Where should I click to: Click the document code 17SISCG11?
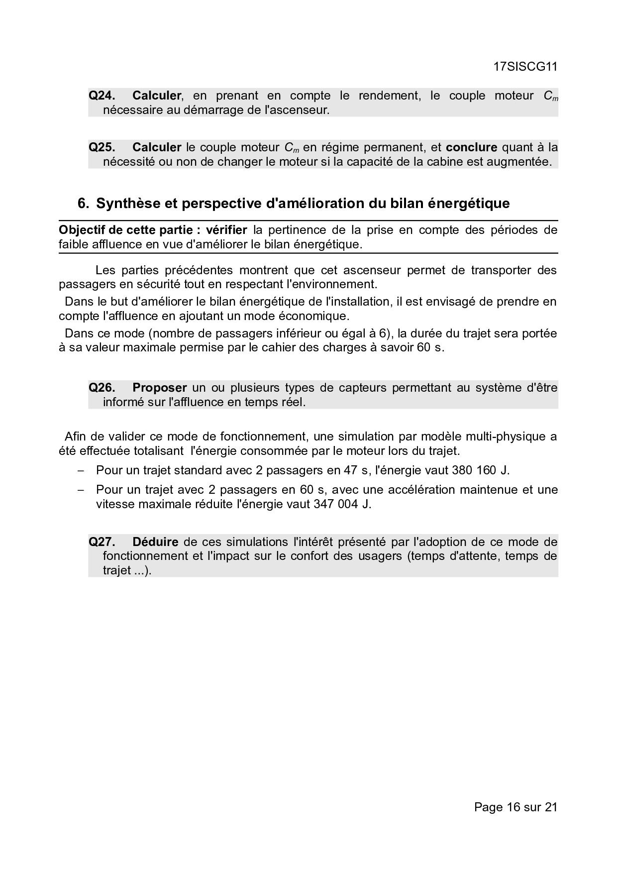[525, 67]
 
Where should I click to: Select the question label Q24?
[102, 96]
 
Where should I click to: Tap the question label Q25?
[102, 147]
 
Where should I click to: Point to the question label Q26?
[102, 388]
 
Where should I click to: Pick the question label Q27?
[102, 542]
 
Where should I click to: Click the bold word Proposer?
[159, 388]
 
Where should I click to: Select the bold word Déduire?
[155, 542]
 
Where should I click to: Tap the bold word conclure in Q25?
[471, 147]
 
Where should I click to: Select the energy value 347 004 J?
[342, 504]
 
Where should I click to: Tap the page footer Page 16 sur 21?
[515, 807]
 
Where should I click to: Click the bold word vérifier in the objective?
[226, 230]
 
